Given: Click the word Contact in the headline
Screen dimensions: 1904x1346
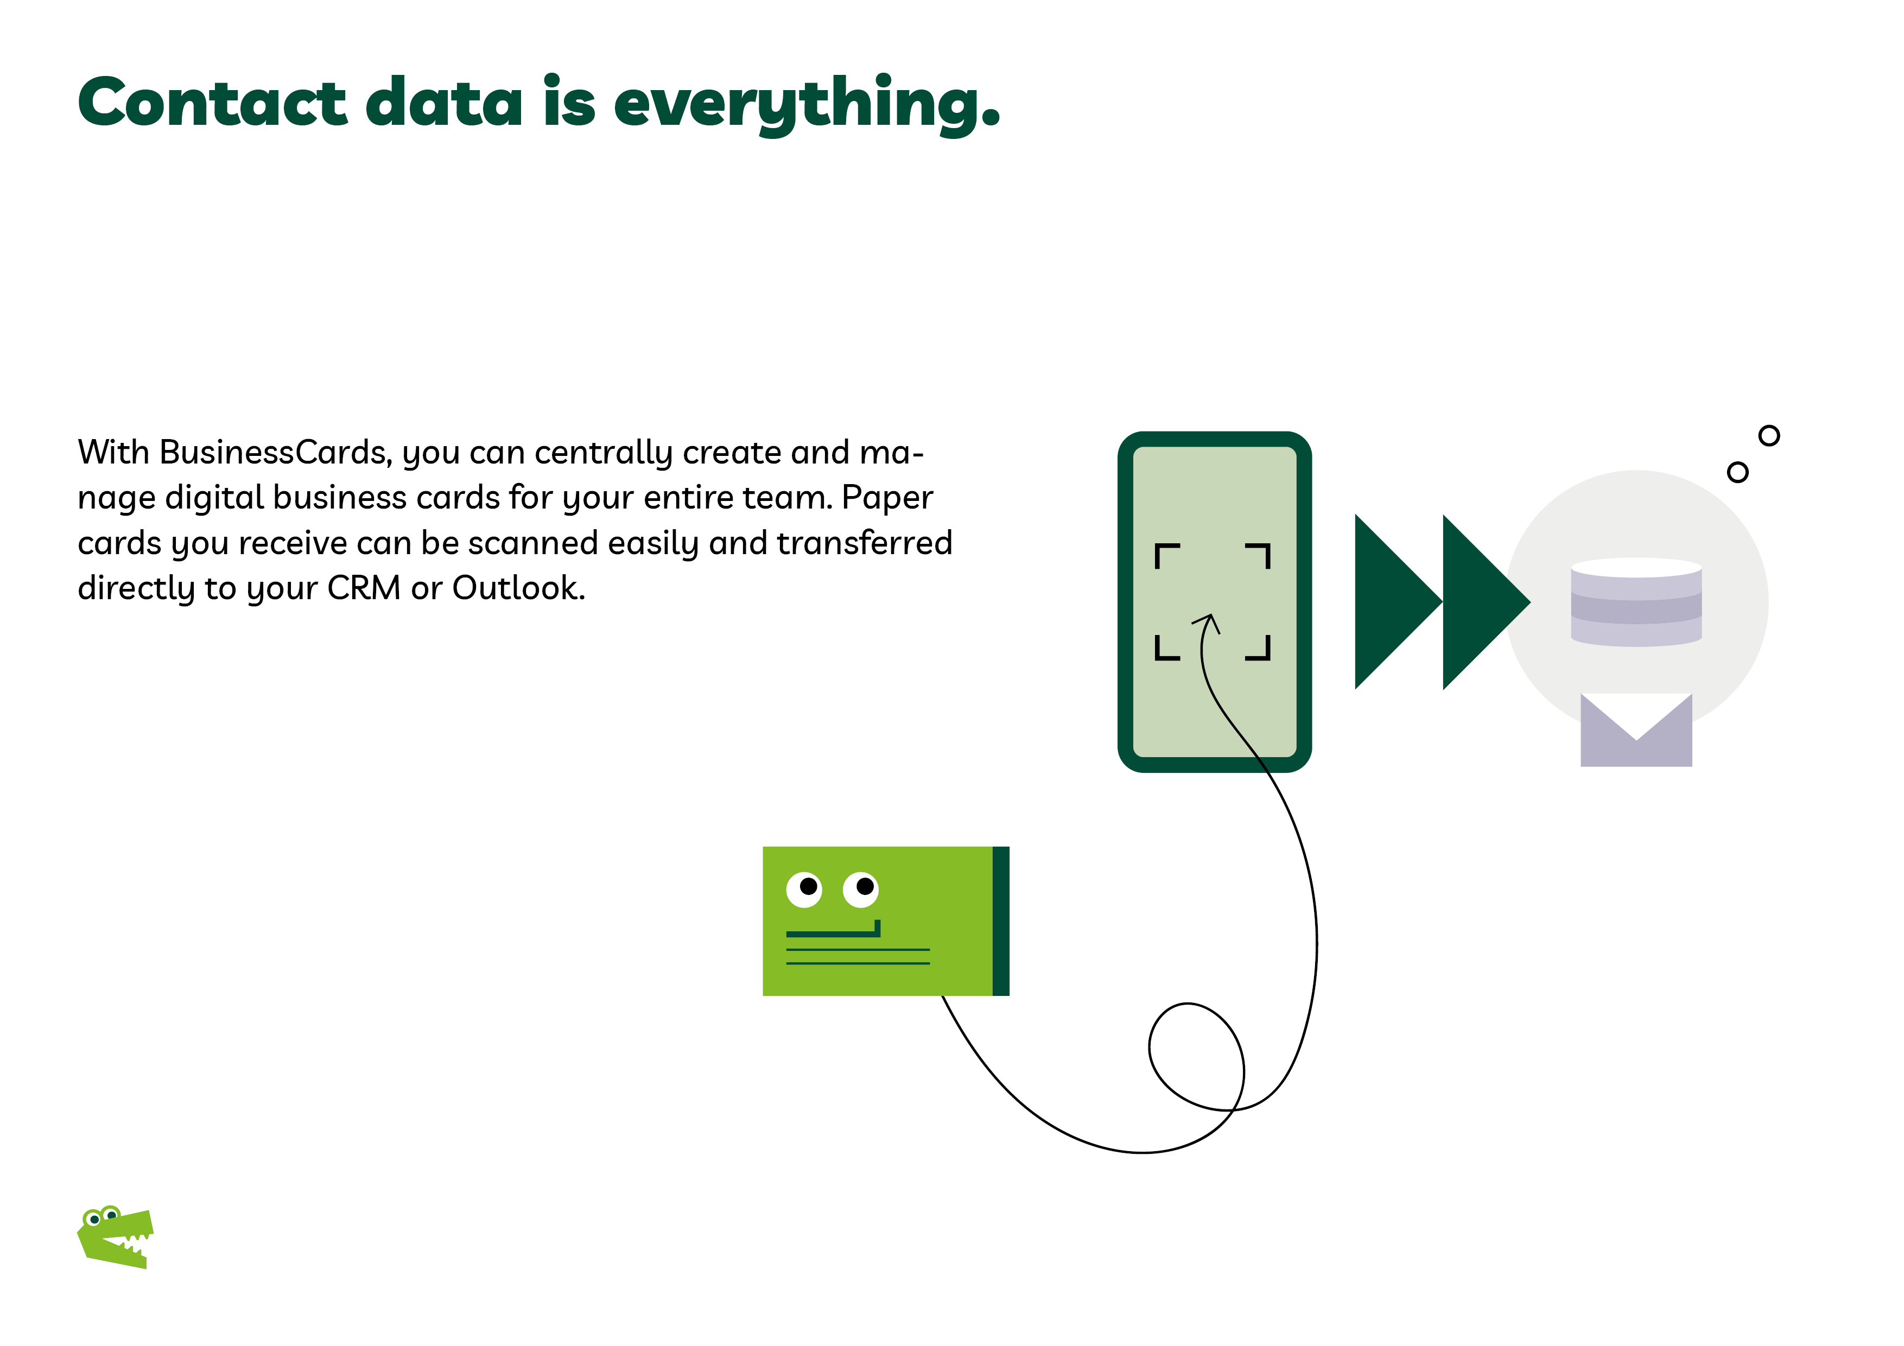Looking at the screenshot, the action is coord(212,102).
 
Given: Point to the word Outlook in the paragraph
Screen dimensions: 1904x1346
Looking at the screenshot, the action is coord(518,588).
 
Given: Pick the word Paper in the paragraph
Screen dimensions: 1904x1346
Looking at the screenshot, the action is coord(887,498).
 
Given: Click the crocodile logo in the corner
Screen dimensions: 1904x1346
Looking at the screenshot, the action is coord(115,1236).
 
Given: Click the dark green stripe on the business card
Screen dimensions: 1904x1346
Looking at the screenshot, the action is coord(1001,920).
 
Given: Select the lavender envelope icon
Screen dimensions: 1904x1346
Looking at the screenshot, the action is coord(1636,730).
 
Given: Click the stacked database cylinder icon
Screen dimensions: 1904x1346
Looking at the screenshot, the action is coord(1636,602).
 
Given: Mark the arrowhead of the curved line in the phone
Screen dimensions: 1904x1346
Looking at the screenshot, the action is coord(1209,621).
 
